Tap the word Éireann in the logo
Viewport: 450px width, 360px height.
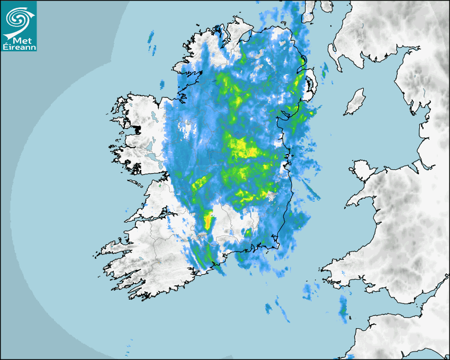coord(19,47)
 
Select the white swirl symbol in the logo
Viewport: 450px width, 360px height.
coord(17,19)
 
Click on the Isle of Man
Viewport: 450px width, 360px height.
coord(355,102)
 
